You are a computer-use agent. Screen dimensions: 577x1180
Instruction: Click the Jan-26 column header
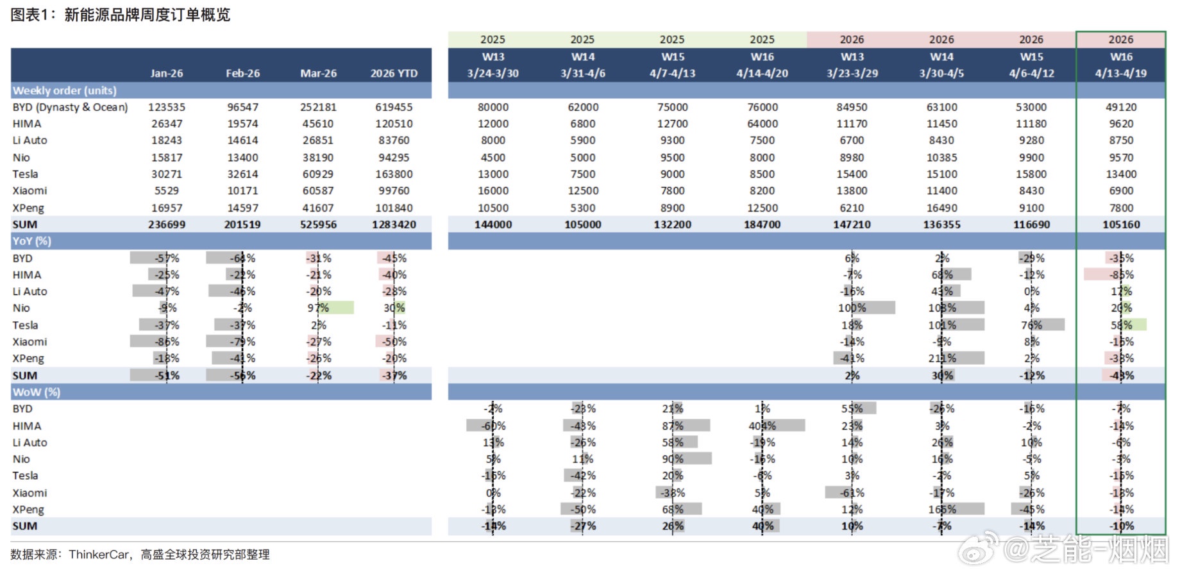(167, 73)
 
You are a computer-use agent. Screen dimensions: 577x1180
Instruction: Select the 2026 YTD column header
(394, 73)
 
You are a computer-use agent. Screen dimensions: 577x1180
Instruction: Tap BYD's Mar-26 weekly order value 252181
(318, 107)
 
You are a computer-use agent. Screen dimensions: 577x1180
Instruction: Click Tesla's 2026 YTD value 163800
(394, 174)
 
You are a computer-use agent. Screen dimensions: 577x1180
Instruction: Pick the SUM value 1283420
(394, 224)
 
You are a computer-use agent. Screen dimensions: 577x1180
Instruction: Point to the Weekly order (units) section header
(65, 90)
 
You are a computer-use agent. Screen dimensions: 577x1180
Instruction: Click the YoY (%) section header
(32, 241)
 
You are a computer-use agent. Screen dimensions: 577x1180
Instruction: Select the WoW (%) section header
(37, 392)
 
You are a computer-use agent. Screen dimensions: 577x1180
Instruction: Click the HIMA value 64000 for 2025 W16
(762, 124)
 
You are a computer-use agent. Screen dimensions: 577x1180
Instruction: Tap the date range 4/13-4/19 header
(1120, 73)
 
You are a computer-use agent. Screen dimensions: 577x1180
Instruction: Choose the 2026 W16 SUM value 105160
(1120, 224)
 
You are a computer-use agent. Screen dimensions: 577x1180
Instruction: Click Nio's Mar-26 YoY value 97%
(318, 308)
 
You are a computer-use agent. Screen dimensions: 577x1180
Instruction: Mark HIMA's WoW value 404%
(762, 426)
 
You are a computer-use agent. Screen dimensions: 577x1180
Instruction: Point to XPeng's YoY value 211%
(941, 358)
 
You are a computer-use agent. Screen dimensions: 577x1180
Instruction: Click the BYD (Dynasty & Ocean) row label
(70, 107)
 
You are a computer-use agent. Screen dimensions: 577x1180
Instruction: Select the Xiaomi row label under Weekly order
(29, 190)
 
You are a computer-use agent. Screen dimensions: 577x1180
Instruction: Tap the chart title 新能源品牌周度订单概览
(147, 15)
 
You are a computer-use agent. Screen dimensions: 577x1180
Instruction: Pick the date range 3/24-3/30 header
(493, 73)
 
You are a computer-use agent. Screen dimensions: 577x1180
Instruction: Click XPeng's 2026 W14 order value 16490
(941, 208)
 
